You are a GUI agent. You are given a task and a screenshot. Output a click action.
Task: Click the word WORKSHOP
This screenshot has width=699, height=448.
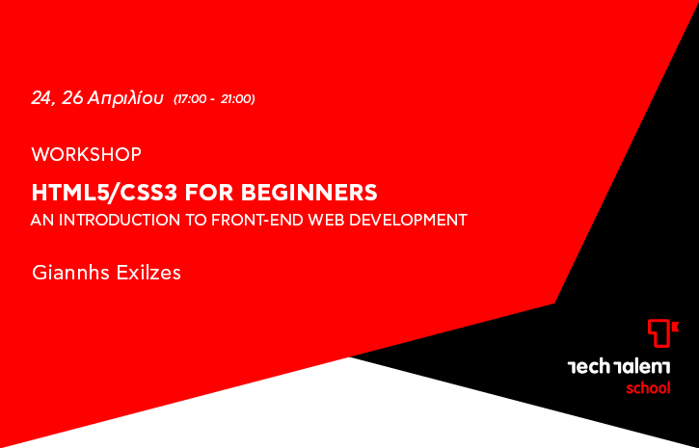coord(87,154)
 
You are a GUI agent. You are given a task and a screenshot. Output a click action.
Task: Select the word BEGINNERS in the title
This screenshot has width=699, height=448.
coord(309,193)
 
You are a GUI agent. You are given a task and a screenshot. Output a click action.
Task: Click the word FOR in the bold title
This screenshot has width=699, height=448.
coord(209,193)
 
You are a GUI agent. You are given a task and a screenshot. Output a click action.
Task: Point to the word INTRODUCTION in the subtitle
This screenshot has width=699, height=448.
coord(120,220)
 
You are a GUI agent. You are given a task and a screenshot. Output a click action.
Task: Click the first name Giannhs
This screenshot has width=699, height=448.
coord(71,272)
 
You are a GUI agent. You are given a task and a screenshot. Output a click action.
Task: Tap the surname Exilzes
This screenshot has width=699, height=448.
coord(148,272)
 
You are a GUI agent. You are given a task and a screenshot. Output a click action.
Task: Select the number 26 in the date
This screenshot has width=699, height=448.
coord(72,98)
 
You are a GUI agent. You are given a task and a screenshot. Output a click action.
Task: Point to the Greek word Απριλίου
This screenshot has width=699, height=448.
coord(125,99)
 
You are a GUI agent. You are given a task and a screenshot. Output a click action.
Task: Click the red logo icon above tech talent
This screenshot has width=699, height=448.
coord(663,332)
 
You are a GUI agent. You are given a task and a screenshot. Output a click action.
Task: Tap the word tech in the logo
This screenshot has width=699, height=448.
coord(588,367)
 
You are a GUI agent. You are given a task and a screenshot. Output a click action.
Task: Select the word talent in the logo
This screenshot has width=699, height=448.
coord(642,367)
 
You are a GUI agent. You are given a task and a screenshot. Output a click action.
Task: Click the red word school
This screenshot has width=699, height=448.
coord(648,388)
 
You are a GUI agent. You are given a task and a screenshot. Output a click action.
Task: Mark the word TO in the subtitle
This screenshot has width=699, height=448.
coord(196,220)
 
